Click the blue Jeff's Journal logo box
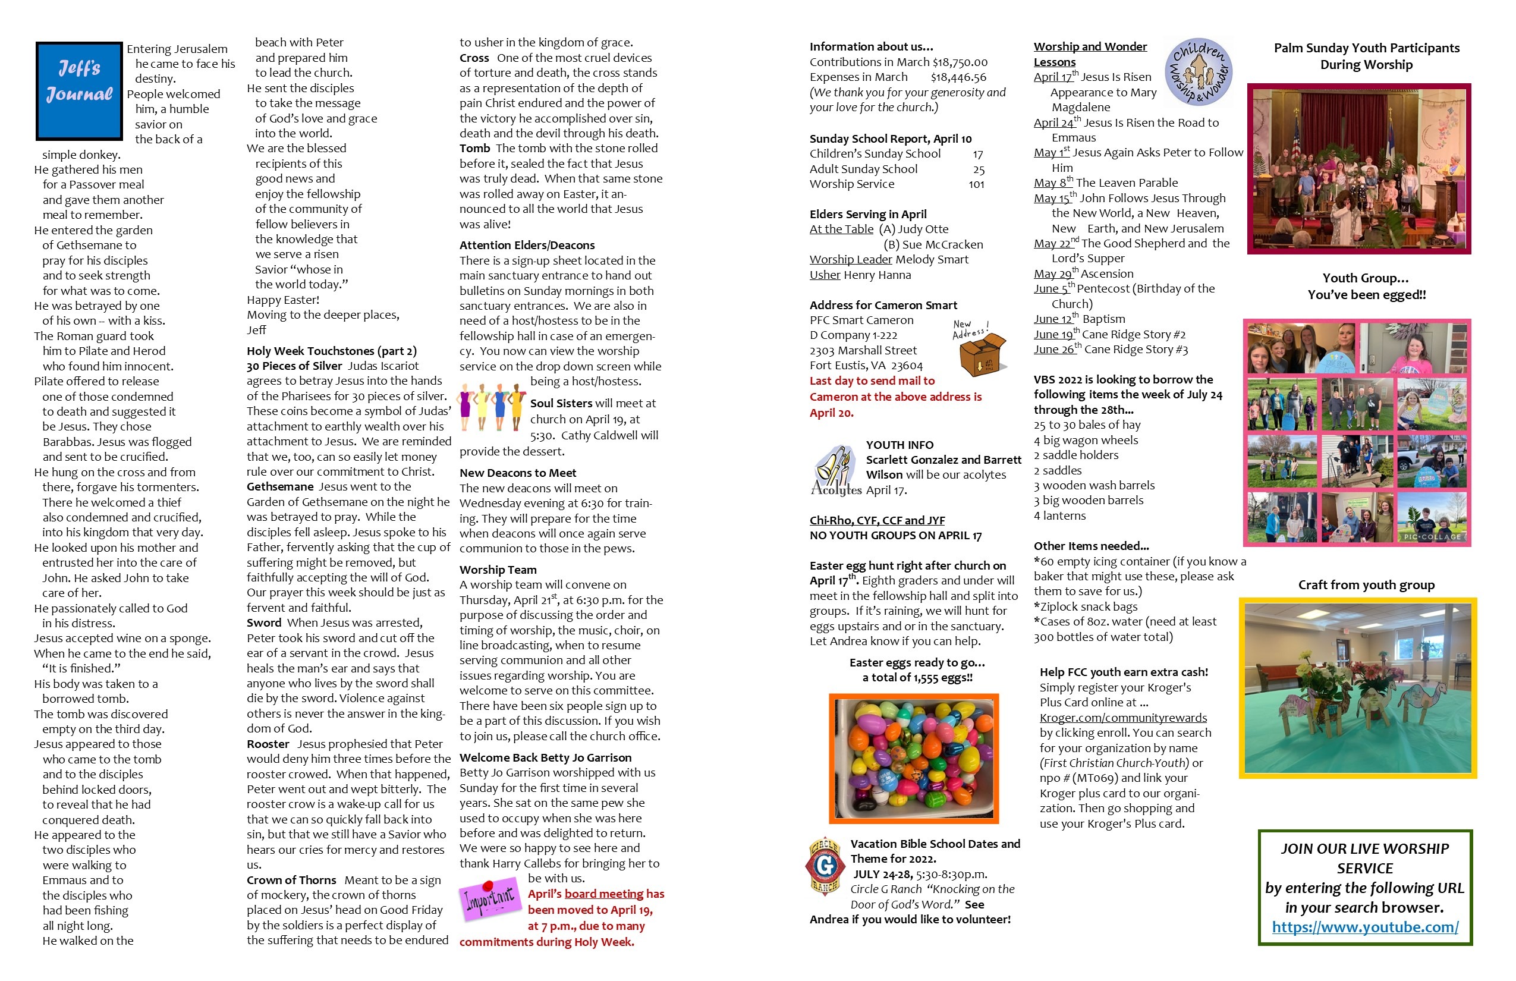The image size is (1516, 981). pos(79,90)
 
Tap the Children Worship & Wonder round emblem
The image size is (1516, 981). pos(1197,71)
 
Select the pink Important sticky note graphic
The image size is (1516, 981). pos(489,899)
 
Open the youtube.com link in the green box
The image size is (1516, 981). pos(1364,927)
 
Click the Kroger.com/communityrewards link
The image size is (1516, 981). pos(1122,718)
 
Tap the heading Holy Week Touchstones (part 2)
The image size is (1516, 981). pos(331,351)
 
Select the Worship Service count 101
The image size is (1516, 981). pos(976,185)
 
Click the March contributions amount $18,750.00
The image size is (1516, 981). pos(960,62)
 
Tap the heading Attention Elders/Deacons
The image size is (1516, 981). pos(527,245)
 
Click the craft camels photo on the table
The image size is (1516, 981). pos(1357,688)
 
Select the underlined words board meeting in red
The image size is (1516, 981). pos(604,894)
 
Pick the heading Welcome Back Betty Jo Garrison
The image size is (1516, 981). pos(545,757)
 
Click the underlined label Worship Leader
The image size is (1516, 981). pos(850,260)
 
